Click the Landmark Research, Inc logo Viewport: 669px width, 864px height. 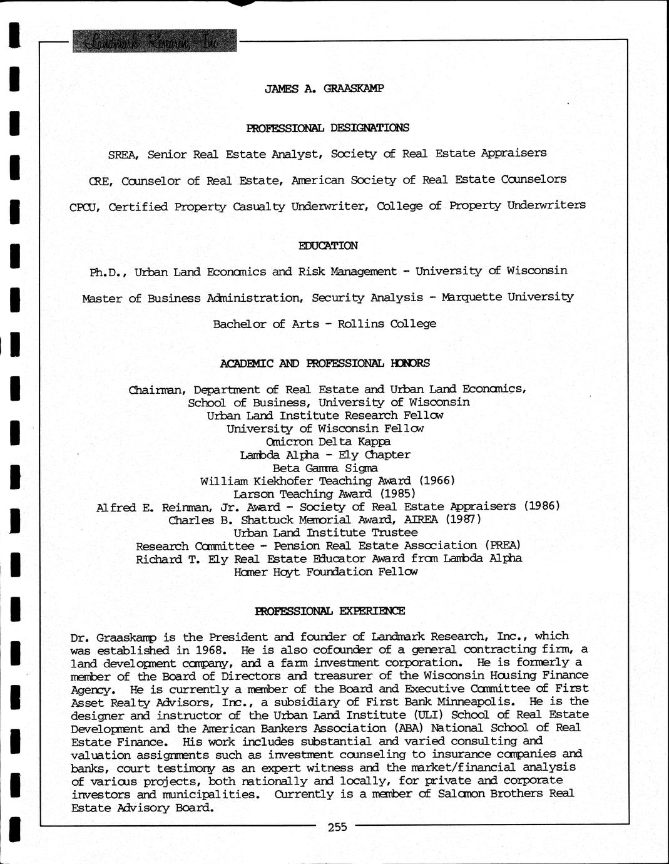[155, 41]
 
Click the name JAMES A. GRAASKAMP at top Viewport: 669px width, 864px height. [324, 88]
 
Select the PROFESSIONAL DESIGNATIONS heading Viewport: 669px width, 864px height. [328, 128]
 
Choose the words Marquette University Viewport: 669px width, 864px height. [507, 297]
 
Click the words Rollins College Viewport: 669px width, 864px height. [387, 324]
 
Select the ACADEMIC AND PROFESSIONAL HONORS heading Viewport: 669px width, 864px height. [325, 363]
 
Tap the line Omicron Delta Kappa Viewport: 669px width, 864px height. [328, 441]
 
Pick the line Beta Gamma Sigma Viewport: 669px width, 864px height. [325, 468]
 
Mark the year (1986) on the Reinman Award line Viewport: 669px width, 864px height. [541, 506]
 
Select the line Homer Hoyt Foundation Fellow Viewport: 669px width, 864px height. [325, 572]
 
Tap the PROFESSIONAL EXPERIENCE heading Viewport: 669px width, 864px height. [330, 610]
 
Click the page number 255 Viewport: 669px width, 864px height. [337, 827]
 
